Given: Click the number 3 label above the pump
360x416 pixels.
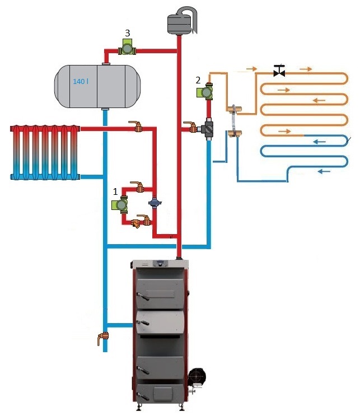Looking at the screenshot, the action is [127, 33].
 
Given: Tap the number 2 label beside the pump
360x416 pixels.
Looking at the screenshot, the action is [198, 80].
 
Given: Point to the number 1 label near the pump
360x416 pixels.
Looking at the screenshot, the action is [115, 191].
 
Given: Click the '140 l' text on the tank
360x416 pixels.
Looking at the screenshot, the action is [81, 81].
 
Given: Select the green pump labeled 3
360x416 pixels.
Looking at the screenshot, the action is [127, 48].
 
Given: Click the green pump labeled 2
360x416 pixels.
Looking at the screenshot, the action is [205, 91].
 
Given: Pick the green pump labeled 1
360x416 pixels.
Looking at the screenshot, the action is [120, 204].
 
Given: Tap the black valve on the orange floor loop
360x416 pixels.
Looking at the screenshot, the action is [279, 71].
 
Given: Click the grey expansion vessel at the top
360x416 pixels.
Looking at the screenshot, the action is [181, 21].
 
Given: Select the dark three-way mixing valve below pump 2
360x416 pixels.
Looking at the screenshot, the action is [208, 129].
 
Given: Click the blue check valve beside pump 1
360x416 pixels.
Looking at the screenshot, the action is [155, 203].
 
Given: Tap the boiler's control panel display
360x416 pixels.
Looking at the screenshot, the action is [161, 264].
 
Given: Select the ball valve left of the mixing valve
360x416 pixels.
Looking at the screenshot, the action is [191, 127].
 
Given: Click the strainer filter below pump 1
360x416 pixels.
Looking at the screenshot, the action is [137, 223].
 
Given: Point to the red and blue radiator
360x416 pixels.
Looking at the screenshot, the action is [45, 152].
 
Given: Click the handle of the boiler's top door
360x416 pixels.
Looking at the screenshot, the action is [143, 296].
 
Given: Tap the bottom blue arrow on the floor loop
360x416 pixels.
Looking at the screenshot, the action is [324, 171].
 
